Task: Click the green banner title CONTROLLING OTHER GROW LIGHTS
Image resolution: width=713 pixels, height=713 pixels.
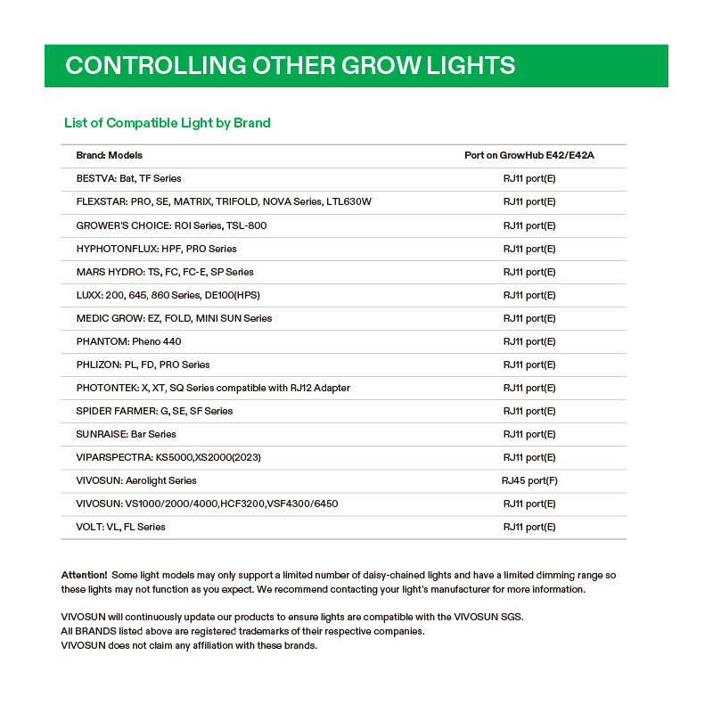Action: (x=290, y=66)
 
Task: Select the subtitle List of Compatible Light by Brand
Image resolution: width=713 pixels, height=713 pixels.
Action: (x=168, y=123)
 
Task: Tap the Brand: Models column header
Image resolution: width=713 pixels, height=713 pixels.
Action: (x=110, y=155)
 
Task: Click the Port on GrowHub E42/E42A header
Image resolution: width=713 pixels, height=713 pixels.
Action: (x=529, y=155)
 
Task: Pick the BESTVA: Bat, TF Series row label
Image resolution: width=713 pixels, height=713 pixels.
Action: (x=129, y=178)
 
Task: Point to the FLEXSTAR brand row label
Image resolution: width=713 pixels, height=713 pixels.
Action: (x=224, y=201)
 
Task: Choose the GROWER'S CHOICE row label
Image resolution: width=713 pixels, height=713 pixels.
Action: (x=172, y=225)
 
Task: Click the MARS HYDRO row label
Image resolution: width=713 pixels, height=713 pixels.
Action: (x=165, y=272)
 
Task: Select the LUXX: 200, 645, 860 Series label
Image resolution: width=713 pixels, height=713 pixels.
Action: (x=168, y=295)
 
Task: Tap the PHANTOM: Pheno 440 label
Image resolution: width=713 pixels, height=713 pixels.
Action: (x=129, y=341)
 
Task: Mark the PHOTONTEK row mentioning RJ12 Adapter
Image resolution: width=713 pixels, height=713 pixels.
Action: (x=213, y=388)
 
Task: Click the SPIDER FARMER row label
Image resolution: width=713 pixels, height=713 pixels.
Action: (x=155, y=411)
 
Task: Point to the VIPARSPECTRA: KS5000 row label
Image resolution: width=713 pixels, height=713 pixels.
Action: (x=168, y=457)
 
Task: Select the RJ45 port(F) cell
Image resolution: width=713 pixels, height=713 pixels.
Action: (x=529, y=480)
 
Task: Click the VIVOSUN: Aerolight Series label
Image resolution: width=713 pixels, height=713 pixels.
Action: (x=136, y=480)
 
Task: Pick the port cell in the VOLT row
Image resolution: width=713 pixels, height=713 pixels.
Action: (x=529, y=527)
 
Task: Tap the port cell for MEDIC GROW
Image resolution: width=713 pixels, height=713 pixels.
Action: (x=529, y=318)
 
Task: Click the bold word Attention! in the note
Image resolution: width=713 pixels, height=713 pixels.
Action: (x=84, y=575)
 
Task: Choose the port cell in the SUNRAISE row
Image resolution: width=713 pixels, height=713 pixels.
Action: (x=529, y=434)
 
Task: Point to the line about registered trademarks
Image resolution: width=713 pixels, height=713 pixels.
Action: (x=242, y=631)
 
